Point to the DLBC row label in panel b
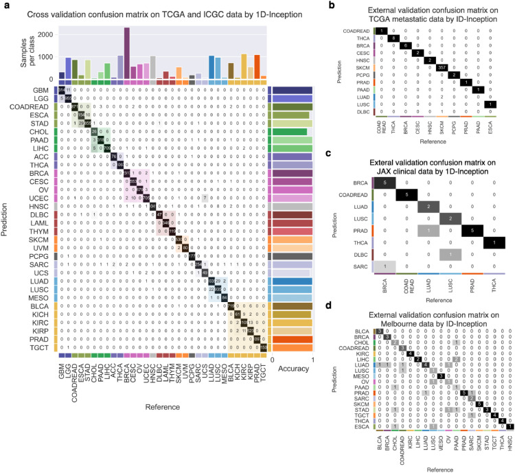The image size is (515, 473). [365, 130]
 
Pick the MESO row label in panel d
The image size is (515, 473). [363, 376]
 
